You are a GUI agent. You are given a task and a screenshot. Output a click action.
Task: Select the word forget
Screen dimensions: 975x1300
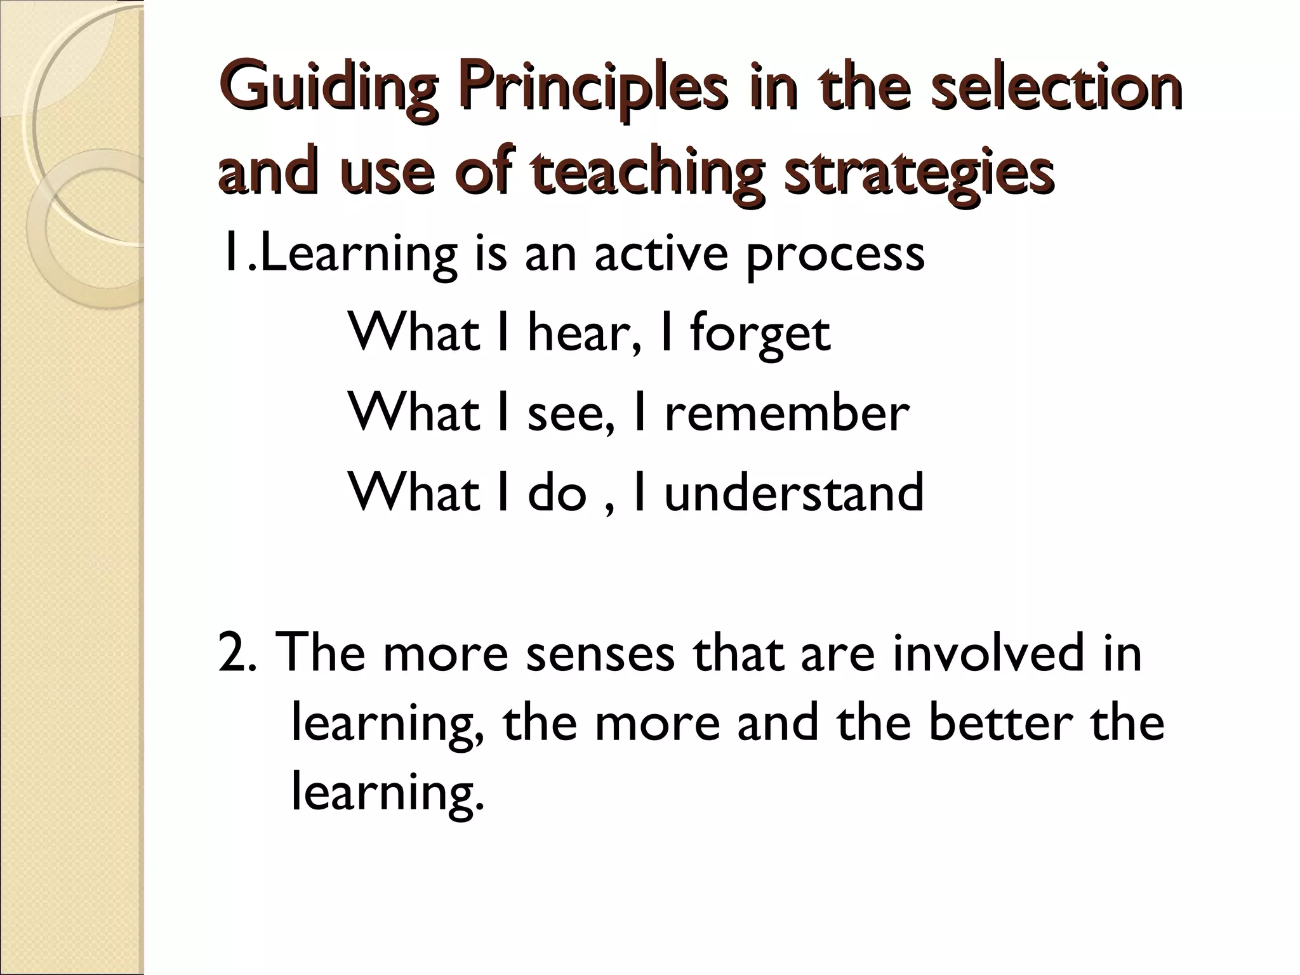[x=760, y=334]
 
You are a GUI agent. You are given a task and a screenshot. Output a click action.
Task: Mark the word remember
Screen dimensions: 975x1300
[x=786, y=413]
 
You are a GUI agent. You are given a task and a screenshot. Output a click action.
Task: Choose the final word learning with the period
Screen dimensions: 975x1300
[x=387, y=793]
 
